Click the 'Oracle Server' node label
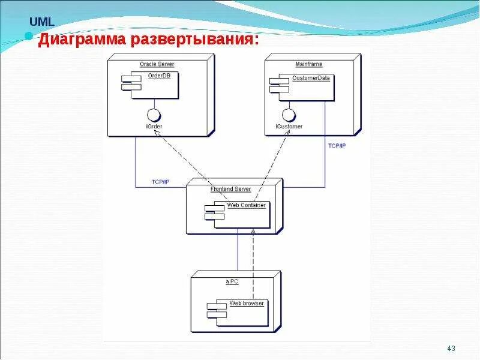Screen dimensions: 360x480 (157, 64)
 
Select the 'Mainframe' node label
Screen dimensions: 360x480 (309, 64)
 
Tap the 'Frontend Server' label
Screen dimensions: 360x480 (230, 189)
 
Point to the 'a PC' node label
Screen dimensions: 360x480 (232, 281)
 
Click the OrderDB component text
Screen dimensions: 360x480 (159, 76)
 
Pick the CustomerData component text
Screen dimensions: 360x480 (311, 78)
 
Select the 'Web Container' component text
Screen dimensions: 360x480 (246, 205)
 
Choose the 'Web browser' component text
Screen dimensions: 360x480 (246, 303)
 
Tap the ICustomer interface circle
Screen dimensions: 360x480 (289, 115)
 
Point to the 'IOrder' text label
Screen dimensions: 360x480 (154, 127)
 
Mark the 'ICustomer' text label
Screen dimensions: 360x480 (289, 127)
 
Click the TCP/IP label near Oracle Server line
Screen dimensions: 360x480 (160, 182)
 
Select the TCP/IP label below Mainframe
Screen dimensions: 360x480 (337, 146)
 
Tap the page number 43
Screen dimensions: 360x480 (451, 349)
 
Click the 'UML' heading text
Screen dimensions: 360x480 (42, 22)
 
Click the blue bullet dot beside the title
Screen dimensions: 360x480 (28, 36)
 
